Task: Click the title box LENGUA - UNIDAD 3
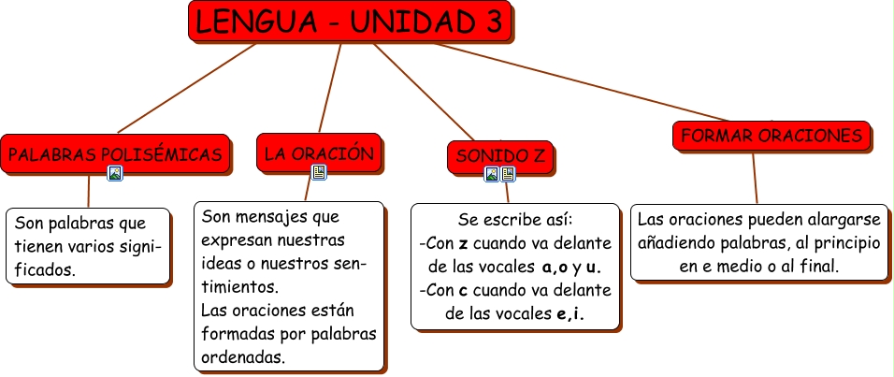coord(350,22)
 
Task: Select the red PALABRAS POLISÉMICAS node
coord(116,153)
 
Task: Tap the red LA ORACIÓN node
coord(319,152)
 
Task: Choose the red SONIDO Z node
coord(501,155)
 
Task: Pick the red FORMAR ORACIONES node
coord(771,137)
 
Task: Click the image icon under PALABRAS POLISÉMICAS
coord(115,173)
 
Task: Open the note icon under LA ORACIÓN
coord(319,172)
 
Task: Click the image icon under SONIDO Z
coord(492,174)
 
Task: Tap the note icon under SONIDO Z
coord(508,174)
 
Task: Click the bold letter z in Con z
coord(463,243)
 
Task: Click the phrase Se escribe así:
coord(515,220)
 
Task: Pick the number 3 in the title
coord(494,22)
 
